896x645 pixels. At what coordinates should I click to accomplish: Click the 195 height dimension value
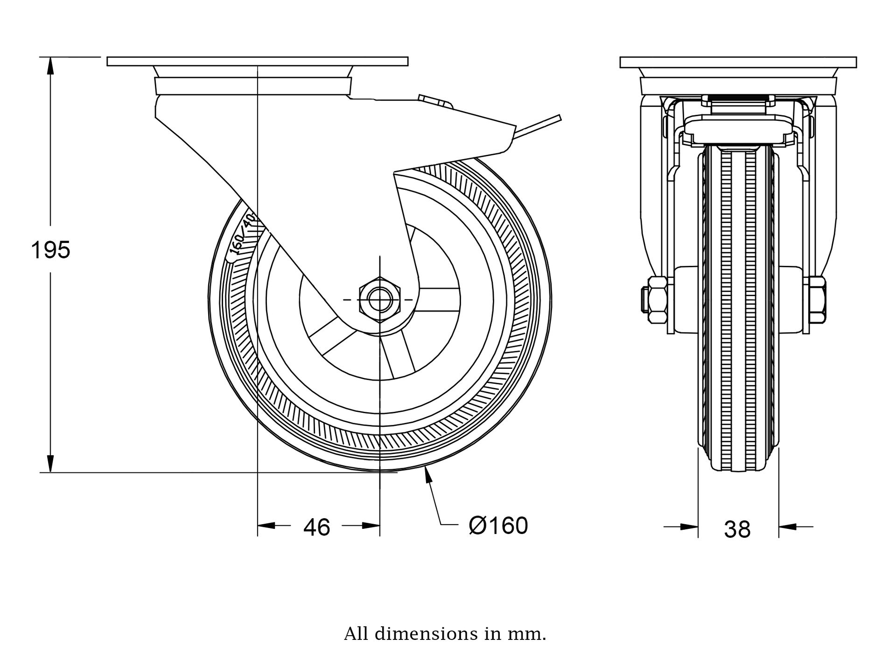pyautogui.click(x=50, y=250)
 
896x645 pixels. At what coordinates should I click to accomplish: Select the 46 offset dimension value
pyautogui.click(x=317, y=527)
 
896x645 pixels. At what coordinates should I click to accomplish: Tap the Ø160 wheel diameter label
pyautogui.click(x=498, y=526)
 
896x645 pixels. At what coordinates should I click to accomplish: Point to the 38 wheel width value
pyautogui.click(x=737, y=529)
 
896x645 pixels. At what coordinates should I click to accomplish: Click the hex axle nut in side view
pyautogui.click(x=380, y=299)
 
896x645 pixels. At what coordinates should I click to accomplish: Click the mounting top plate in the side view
pyautogui.click(x=257, y=61)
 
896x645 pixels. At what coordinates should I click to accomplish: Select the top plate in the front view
pyautogui.click(x=738, y=62)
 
